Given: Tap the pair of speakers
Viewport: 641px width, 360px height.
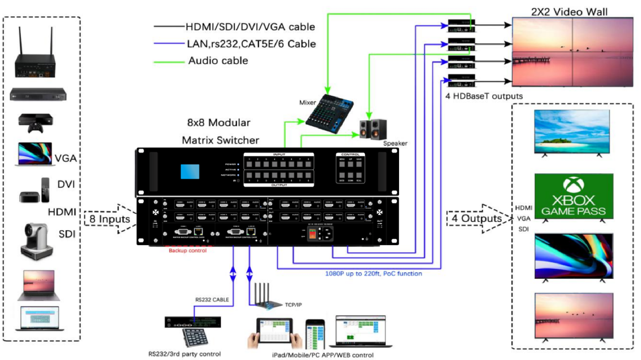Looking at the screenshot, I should pyautogui.click(x=373, y=129).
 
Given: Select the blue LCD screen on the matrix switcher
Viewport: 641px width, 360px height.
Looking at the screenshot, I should pyautogui.click(x=190, y=172).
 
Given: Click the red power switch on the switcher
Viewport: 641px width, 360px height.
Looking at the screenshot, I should pyautogui.click(x=312, y=234).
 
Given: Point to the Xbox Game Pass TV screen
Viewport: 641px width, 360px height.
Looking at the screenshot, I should pyautogui.click(x=574, y=196).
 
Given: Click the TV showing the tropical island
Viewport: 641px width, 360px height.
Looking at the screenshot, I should pyautogui.click(x=572, y=132).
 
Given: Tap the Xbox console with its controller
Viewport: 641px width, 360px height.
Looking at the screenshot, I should pyautogui.click(x=36, y=122).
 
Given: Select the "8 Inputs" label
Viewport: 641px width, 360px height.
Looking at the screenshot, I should pyautogui.click(x=109, y=219).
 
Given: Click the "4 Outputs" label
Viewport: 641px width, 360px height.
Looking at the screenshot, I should pyautogui.click(x=476, y=218).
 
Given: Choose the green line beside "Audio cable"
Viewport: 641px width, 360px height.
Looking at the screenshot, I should pyautogui.click(x=169, y=62).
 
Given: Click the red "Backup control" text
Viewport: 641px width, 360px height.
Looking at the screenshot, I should pyautogui.click(x=187, y=250).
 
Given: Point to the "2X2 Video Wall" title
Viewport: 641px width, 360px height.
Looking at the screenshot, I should pyautogui.click(x=569, y=12).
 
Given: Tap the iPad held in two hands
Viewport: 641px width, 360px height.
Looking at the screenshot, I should pyautogui.click(x=274, y=331).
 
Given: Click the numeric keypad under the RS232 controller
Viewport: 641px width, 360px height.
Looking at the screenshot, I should pyautogui.click(x=195, y=337).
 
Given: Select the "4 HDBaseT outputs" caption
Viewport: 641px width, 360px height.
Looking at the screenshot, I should pyautogui.click(x=484, y=96).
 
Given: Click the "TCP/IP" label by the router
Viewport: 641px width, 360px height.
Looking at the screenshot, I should pyautogui.click(x=293, y=305).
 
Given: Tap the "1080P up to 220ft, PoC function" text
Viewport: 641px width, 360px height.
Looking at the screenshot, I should pyautogui.click(x=373, y=274).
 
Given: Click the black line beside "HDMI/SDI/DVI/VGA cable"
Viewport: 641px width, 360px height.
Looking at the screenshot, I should pyautogui.click(x=169, y=26).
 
